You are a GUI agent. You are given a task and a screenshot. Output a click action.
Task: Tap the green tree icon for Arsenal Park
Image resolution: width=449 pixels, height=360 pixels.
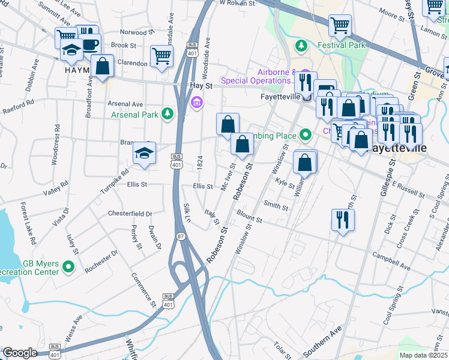(x=167, y=113)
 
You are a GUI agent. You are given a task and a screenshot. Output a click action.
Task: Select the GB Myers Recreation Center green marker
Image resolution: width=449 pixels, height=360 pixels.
(x=68, y=267)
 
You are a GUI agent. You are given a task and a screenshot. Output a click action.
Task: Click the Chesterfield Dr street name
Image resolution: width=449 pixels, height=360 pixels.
(x=130, y=214)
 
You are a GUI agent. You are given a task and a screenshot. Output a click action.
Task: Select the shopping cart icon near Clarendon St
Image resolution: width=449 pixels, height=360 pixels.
(x=161, y=56)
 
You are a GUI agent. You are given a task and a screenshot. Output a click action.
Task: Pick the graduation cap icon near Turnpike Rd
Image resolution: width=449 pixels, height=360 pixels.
(x=144, y=154)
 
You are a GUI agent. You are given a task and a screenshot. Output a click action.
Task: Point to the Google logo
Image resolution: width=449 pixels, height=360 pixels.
(x=20, y=353)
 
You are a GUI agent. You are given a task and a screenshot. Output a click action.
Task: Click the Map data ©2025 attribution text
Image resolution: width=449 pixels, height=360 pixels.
(x=423, y=355)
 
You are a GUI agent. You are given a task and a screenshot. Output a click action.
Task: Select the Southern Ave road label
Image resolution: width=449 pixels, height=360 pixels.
(x=322, y=342)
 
